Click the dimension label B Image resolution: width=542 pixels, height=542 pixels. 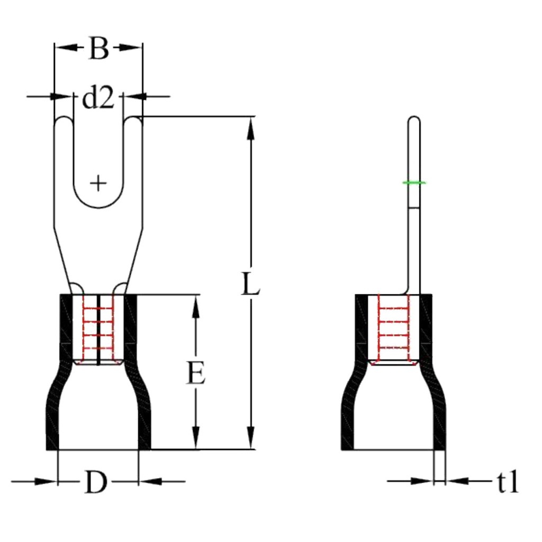coord(98,49)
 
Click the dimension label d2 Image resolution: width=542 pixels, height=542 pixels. coord(97,98)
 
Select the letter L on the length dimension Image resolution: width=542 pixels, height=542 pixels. coord(250,285)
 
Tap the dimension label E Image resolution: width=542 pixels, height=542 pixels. coord(196,374)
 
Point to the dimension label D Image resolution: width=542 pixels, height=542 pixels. coord(96,483)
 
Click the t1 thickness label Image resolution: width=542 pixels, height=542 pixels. coord(507,483)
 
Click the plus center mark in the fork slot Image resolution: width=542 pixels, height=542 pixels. coord(98,183)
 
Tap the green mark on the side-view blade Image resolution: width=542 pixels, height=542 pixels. coord(414,183)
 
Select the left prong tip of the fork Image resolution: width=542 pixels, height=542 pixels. coord(64,122)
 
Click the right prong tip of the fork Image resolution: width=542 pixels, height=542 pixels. coord(133,122)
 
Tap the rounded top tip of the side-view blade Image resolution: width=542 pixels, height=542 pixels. coord(414,121)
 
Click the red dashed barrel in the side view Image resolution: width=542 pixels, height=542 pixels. coord(393,328)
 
